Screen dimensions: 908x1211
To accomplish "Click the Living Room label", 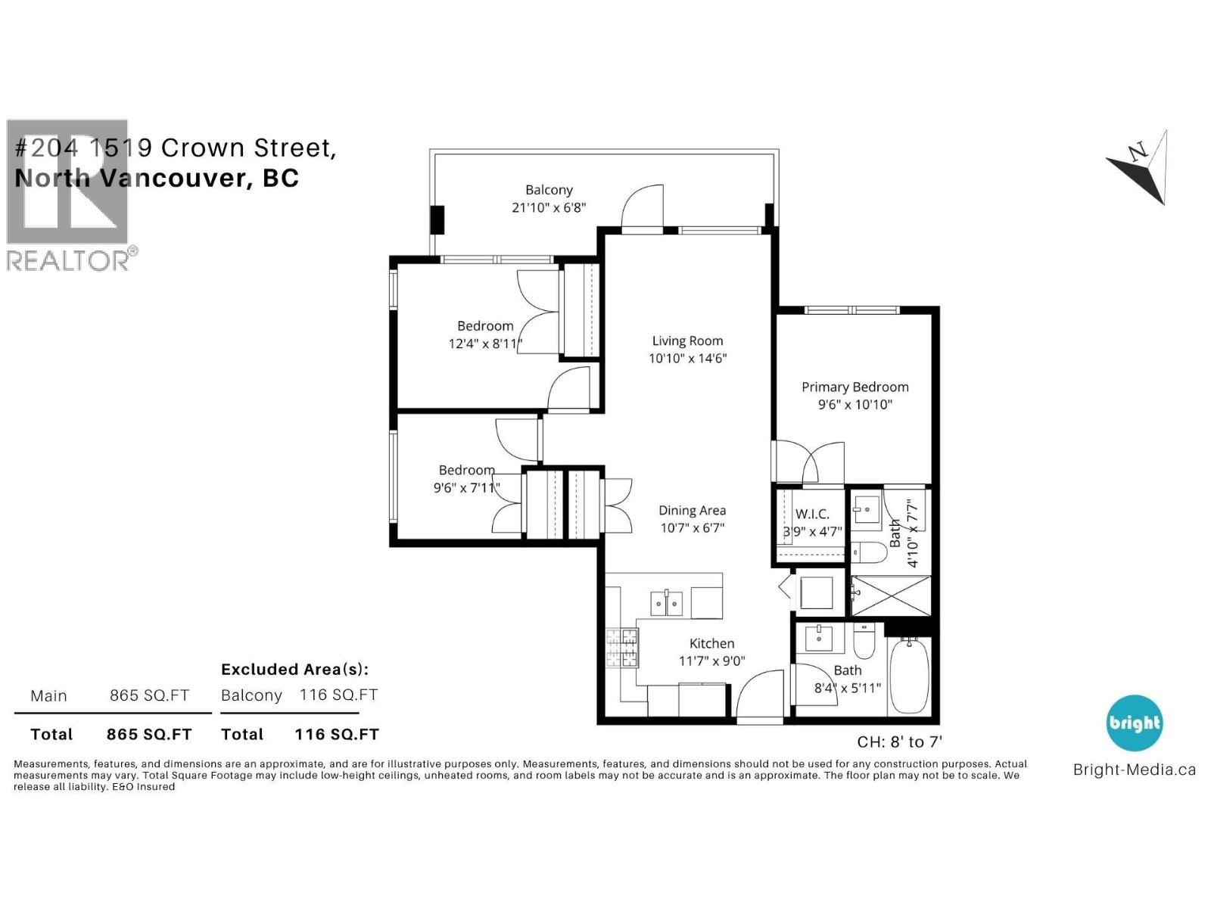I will pyautogui.click(x=687, y=341).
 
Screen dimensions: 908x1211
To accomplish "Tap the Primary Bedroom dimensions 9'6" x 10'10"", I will pyautogui.click(x=855, y=405).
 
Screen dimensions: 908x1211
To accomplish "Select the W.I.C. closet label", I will pyautogui.click(x=812, y=514).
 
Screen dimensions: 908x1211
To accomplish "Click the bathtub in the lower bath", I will pyautogui.click(x=908, y=675).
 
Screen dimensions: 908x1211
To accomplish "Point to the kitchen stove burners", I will pyautogui.click(x=621, y=648).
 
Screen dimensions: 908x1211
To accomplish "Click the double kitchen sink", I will pyautogui.click(x=666, y=603).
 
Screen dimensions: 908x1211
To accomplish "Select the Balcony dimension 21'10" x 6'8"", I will pyautogui.click(x=549, y=207).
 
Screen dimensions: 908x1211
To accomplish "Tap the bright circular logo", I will pyautogui.click(x=1134, y=723).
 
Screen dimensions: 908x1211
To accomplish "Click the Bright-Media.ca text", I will pyautogui.click(x=1134, y=770).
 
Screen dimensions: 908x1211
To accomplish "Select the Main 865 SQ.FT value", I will pyautogui.click(x=149, y=695).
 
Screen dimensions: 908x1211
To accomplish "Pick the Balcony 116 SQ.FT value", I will pyautogui.click(x=338, y=695).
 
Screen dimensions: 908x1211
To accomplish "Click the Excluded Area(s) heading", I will pyautogui.click(x=294, y=670).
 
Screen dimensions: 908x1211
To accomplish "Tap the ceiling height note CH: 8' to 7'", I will pyautogui.click(x=899, y=742).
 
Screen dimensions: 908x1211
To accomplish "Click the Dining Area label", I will pyautogui.click(x=692, y=511).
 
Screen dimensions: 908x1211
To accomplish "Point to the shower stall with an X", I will pyautogui.click(x=891, y=596).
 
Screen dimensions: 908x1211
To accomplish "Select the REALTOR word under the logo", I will pyautogui.click(x=68, y=260).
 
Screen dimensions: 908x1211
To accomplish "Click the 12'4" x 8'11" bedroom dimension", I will pyautogui.click(x=485, y=344).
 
